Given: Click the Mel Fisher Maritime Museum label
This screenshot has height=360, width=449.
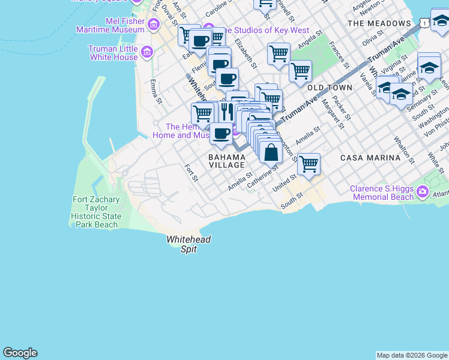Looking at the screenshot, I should (125, 25).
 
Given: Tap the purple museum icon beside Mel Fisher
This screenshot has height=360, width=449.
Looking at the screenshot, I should (154, 25).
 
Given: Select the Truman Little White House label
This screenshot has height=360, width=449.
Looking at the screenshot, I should (113, 53).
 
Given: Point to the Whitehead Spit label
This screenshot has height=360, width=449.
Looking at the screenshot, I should (188, 244).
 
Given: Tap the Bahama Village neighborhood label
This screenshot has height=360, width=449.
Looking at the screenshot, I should (226, 160).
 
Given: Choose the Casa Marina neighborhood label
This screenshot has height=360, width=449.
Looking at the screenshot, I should (370, 158).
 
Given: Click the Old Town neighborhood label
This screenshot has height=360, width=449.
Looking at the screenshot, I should (330, 88).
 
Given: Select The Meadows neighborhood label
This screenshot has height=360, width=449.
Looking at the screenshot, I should (379, 23).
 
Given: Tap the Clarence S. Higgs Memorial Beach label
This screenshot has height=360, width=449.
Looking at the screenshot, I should (382, 193).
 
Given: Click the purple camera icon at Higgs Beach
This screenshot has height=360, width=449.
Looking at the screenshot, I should (423, 192).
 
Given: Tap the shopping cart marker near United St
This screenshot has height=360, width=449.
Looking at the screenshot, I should (309, 163).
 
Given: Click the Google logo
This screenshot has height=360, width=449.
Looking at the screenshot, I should (20, 353).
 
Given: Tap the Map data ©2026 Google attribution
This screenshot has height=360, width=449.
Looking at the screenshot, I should (412, 355).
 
